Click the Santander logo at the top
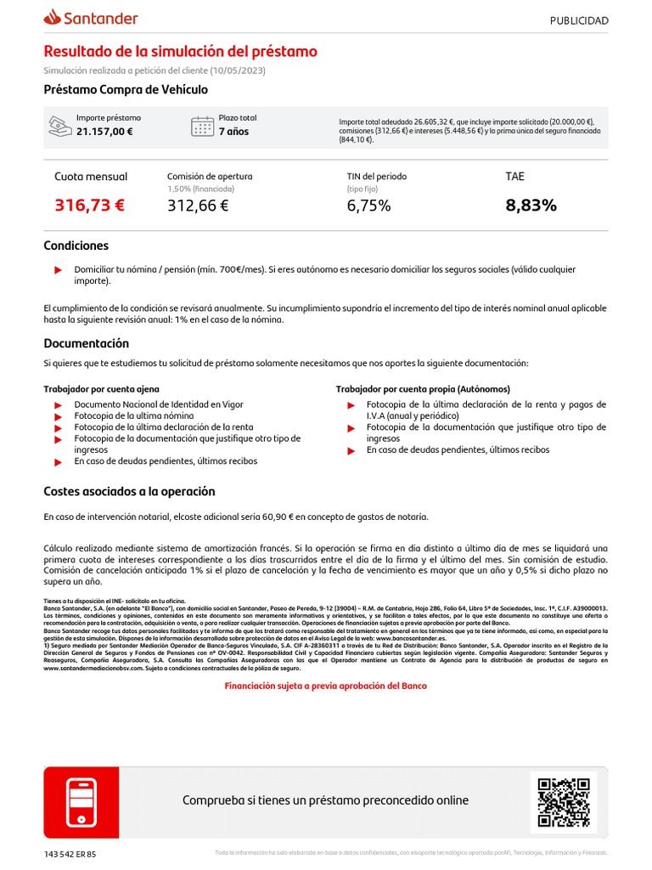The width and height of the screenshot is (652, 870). [x=91, y=18]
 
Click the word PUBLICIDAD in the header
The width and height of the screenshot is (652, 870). [x=579, y=20]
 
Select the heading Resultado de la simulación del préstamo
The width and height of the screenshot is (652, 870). [x=180, y=52]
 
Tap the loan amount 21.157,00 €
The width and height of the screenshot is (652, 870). [x=104, y=132]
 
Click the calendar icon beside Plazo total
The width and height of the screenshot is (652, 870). [x=202, y=126]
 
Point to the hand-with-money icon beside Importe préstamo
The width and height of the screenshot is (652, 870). [x=59, y=126]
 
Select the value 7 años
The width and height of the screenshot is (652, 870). [x=234, y=132]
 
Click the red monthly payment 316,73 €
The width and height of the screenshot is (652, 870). [x=89, y=205]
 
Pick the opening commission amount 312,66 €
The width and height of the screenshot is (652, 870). [x=198, y=205]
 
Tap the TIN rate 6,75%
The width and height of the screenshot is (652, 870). [x=368, y=205]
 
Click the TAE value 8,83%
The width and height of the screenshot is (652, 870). [x=531, y=205]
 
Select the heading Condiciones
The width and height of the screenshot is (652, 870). [x=76, y=246]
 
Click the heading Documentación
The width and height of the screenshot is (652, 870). [x=87, y=343]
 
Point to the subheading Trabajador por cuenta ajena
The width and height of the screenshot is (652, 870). [x=101, y=388]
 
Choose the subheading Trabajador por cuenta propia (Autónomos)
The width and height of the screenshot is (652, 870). [x=423, y=388]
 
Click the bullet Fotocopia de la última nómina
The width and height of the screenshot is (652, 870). [x=133, y=416]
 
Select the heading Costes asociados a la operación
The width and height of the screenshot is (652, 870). [x=129, y=491]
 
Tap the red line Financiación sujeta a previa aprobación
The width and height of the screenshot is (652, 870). [x=325, y=686]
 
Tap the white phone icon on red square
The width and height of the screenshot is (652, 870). [x=81, y=802]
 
